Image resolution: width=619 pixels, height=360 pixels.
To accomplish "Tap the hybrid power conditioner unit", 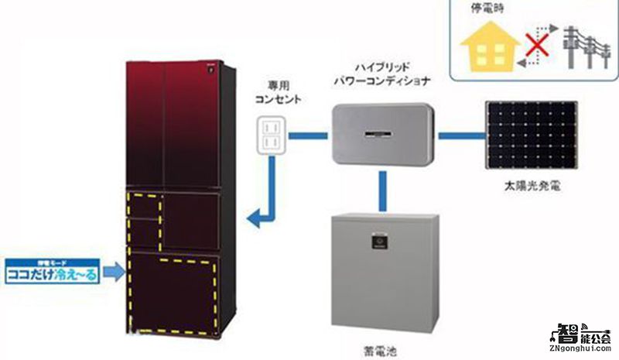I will coord(381,135).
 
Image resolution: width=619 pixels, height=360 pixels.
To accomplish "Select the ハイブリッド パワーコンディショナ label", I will coord(381,74).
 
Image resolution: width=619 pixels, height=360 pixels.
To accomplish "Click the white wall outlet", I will coord(272,135).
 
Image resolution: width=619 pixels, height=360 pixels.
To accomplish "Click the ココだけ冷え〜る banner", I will coord(50,273).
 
